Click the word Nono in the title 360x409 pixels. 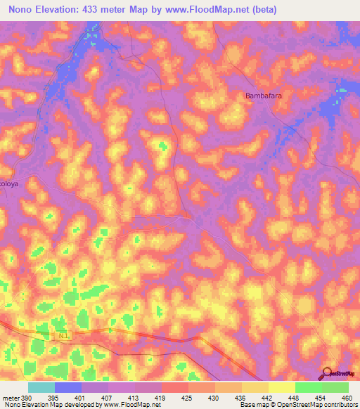[x=23, y=10]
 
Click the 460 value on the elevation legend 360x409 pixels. [x=345, y=397]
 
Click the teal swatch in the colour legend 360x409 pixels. [x=41, y=387]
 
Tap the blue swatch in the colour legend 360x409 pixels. [x=68, y=387]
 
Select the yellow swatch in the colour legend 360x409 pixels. [x=281, y=387]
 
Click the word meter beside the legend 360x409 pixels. [x=10, y=397]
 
